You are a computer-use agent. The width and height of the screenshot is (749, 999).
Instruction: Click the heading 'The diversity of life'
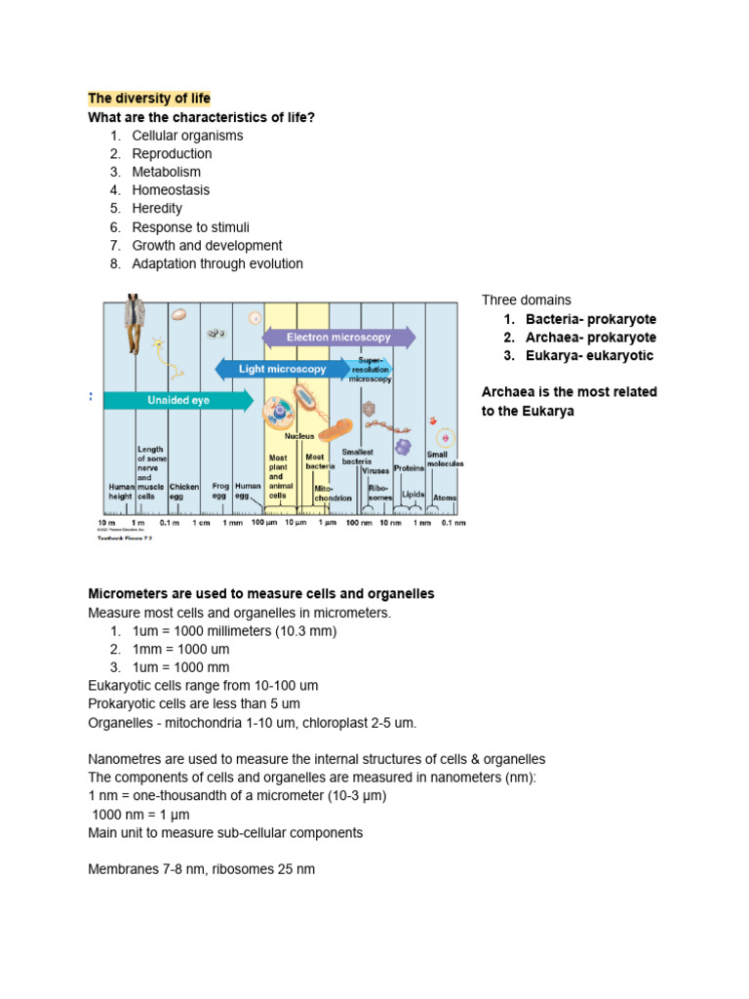point(149,99)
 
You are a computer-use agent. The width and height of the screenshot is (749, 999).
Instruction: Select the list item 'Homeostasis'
point(171,190)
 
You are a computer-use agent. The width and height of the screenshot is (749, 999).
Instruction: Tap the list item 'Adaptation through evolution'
point(217,263)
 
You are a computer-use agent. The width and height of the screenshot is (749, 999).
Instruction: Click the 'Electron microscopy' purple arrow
point(338,338)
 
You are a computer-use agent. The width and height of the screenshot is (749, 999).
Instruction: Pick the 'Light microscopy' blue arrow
point(282,370)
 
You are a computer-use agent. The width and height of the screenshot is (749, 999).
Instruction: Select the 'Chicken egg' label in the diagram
point(184,491)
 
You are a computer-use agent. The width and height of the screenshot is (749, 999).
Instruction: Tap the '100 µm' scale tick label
point(264,523)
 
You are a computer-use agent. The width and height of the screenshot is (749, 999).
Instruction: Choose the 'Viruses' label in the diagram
point(375,470)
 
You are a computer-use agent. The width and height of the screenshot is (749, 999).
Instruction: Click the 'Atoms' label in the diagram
point(444,498)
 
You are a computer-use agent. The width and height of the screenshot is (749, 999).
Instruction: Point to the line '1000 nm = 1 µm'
point(140,815)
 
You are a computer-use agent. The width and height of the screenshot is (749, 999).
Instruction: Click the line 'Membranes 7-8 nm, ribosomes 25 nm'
point(201,868)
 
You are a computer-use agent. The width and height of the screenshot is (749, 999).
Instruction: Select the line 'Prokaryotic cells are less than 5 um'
point(194,703)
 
